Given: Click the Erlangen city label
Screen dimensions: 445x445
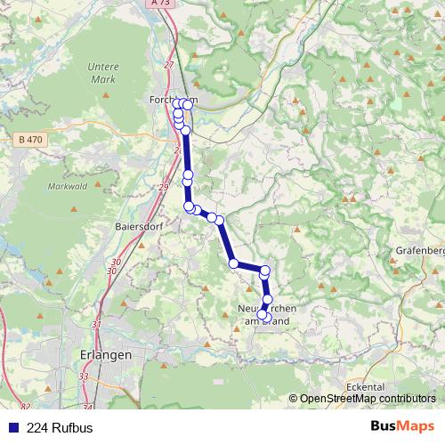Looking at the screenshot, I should (107, 353).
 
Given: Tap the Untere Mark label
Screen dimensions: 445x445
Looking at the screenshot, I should (103, 72).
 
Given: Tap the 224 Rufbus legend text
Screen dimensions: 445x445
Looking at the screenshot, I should (60, 427).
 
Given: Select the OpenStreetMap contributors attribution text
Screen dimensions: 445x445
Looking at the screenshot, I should (367, 399).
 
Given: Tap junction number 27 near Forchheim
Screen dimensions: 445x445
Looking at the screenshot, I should (170, 64).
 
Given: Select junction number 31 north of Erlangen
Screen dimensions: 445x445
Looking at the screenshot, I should (97, 324).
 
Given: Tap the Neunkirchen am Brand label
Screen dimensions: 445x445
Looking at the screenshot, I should (265, 314).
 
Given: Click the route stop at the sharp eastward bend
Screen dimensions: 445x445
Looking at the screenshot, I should (233, 263).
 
